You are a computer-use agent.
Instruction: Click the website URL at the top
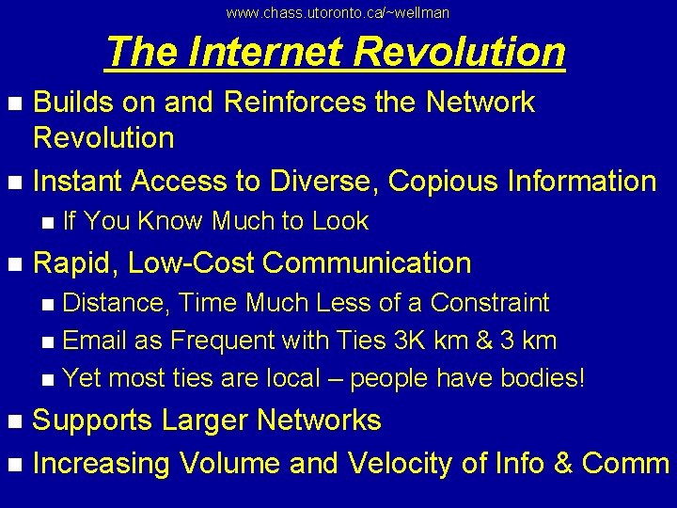coord(338,12)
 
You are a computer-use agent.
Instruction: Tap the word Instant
coord(79,180)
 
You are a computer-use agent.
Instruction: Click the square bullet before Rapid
coord(13,263)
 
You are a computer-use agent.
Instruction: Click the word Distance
coord(116,303)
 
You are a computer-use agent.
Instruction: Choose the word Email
coord(98,341)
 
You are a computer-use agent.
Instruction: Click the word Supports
coord(92,420)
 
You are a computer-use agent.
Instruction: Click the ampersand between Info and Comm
coord(562,463)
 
